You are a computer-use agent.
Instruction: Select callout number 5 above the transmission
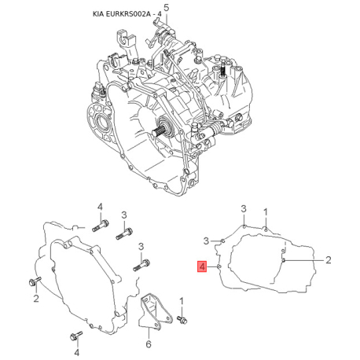tap(165, 7)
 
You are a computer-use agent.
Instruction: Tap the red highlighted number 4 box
tap(202, 266)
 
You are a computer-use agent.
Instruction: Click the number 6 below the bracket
tap(149, 343)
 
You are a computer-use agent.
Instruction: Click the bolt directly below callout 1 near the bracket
tap(182, 319)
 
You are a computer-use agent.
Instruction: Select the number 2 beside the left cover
tap(36, 299)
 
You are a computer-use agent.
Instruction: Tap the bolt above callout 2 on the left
tap(33, 281)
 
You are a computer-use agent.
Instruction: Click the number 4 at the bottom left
tap(76, 316)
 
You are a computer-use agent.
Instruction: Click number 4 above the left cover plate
tap(101, 206)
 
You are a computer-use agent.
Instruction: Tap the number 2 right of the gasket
tap(329, 259)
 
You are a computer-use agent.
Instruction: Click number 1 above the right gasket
tap(266, 211)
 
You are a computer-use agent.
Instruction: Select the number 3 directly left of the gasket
tap(206, 239)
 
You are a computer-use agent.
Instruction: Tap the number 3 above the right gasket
tap(244, 208)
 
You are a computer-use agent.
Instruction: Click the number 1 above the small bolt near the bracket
tap(182, 300)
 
